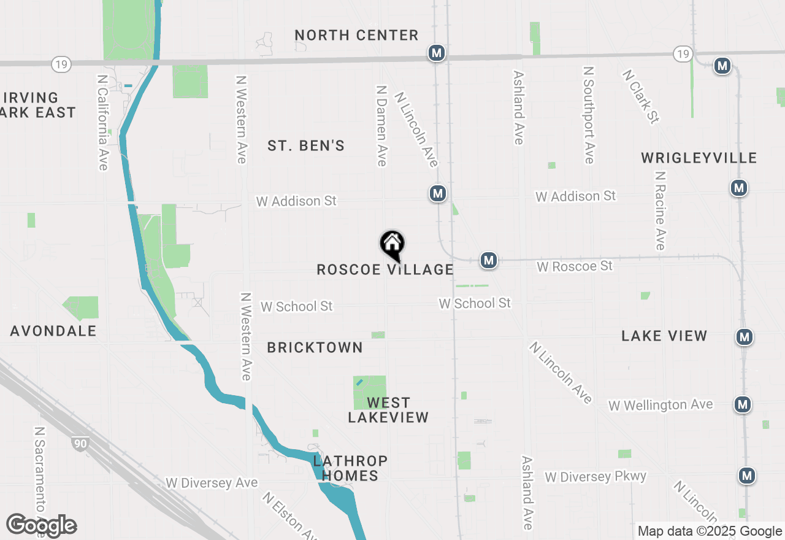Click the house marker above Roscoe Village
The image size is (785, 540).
[x=392, y=245]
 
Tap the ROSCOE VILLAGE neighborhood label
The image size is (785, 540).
[x=385, y=269]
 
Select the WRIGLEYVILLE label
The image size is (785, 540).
[x=699, y=158]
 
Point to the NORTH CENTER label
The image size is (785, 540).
[x=356, y=35]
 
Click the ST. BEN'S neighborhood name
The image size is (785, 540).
[x=306, y=146]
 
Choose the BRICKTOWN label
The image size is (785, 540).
[x=315, y=347]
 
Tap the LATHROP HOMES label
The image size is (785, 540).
[x=350, y=468]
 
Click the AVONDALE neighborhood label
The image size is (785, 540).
[x=53, y=331]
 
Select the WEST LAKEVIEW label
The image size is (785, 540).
[x=388, y=410]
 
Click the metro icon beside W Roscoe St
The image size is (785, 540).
[x=488, y=260]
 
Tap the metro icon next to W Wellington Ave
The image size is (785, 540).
[x=743, y=404]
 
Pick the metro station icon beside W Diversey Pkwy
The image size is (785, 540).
[x=746, y=476]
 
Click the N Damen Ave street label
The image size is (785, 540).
[x=381, y=125]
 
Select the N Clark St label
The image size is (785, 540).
[x=640, y=96]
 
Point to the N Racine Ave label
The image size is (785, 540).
[x=660, y=210]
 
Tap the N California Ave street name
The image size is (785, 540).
[x=102, y=123]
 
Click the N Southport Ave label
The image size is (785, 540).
[x=589, y=115]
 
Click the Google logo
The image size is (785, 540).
[x=41, y=526]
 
